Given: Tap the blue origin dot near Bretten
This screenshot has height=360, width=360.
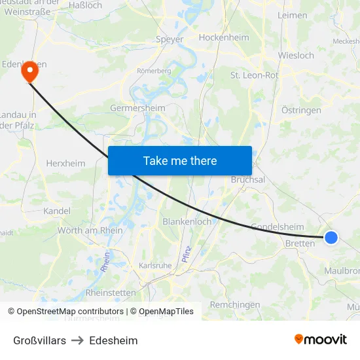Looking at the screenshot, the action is tap(331, 238).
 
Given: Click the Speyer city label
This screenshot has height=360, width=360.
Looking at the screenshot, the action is tap(170, 39).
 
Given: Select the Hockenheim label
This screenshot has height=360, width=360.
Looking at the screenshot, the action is tap(224, 37).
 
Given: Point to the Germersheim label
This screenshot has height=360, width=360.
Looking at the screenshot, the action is tap(137, 108).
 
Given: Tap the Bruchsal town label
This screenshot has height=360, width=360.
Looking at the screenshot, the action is tap(248, 179).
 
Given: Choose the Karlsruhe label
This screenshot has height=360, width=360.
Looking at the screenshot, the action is tap(155, 266).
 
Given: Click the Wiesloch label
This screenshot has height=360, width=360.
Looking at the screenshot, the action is tap(296, 56).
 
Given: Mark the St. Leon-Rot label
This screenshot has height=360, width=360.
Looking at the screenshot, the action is tap(254, 75).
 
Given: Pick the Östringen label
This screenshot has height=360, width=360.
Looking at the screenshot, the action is tap(301, 110).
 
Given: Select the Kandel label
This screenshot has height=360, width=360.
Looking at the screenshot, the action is tap(56, 211).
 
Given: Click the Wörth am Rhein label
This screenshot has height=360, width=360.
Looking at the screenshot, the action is tap(90, 230).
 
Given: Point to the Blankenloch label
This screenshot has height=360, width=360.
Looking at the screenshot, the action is tap(187, 221).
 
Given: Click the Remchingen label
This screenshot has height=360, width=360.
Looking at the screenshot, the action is tap(235, 304).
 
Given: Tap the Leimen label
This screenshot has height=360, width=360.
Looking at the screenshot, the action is tap(292, 15).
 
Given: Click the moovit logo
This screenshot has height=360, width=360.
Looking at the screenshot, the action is tap(321, 339).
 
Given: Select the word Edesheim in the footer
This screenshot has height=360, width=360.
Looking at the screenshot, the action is tap(113, 340).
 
